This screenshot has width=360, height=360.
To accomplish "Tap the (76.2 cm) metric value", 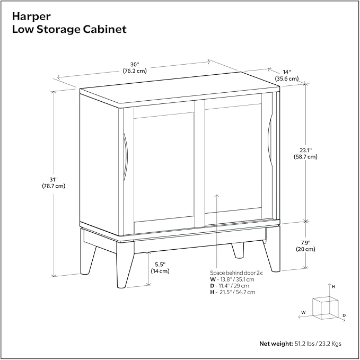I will (135, 70).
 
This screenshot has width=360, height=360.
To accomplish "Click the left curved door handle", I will (125, 158).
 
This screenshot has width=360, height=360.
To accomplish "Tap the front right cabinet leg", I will (273, 257).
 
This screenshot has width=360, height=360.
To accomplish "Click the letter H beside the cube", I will (333, 286).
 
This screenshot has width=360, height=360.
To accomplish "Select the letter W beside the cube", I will (303, 312).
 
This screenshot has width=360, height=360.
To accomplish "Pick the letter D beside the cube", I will (344, 315).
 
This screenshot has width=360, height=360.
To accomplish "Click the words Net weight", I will (275, 344).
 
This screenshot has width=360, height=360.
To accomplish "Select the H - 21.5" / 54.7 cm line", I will (232, 292).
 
